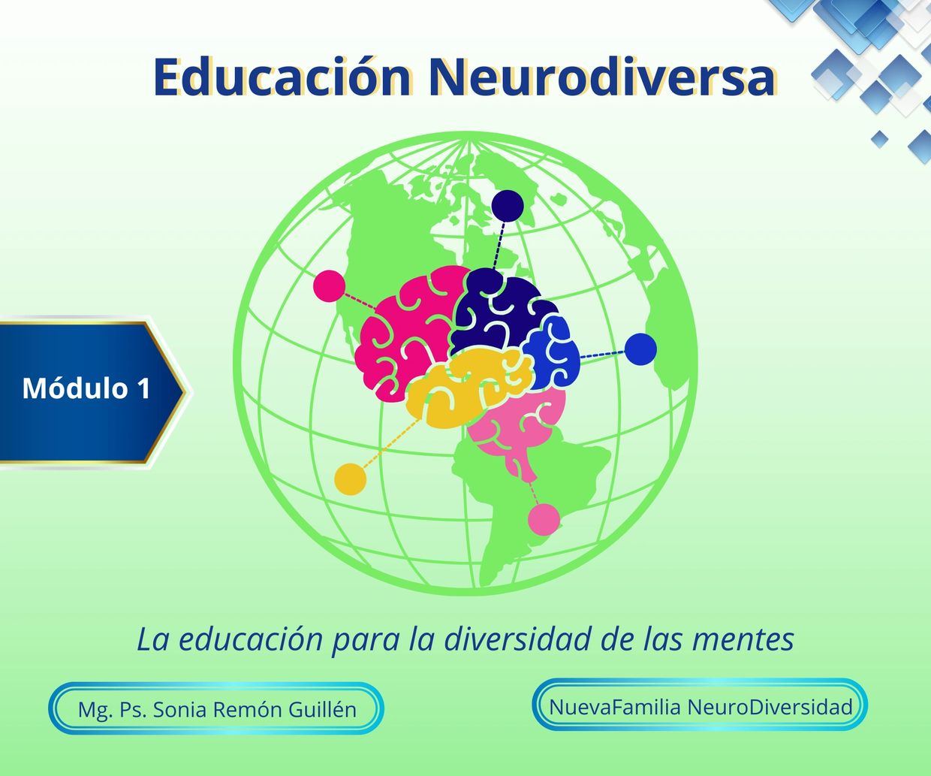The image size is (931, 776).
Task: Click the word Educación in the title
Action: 282,77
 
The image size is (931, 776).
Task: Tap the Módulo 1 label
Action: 86,388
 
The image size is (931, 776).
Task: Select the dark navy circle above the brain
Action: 508,206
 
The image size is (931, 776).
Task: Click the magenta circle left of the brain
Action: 329,286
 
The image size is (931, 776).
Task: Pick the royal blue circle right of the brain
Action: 640,349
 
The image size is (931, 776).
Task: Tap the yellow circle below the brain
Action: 351,479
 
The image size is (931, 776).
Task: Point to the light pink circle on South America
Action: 544,519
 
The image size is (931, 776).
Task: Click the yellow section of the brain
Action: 469,388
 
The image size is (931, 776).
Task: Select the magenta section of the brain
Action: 408,335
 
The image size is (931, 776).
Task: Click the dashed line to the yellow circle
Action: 393,443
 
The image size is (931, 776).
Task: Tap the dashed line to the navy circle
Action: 499,246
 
